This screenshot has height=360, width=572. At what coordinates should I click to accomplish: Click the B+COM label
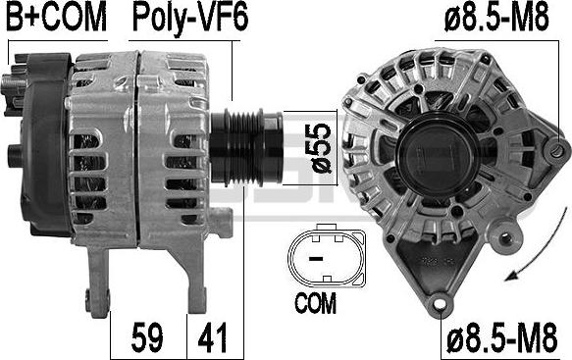(57, 17)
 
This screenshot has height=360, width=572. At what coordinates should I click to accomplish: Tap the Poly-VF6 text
(190, 19)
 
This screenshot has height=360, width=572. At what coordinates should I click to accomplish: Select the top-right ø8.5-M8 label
(496, 17)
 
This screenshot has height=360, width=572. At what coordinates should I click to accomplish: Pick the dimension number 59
(147, 337)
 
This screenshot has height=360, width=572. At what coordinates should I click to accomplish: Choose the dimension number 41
(212, 337)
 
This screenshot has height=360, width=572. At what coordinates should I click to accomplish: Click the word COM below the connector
(315, 303)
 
